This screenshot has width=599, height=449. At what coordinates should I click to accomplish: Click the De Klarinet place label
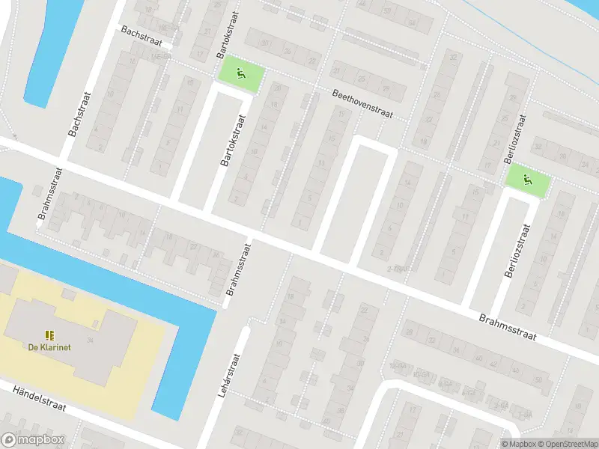(49, 347)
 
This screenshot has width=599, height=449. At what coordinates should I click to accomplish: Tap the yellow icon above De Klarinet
(49, 335)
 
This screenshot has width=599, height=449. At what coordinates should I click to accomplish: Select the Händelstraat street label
(40, 398)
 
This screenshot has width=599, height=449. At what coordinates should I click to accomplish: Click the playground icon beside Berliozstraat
(528, 179)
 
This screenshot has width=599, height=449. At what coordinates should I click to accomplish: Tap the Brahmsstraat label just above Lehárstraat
(240, 270)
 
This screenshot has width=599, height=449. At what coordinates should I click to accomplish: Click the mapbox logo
(33, 440)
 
